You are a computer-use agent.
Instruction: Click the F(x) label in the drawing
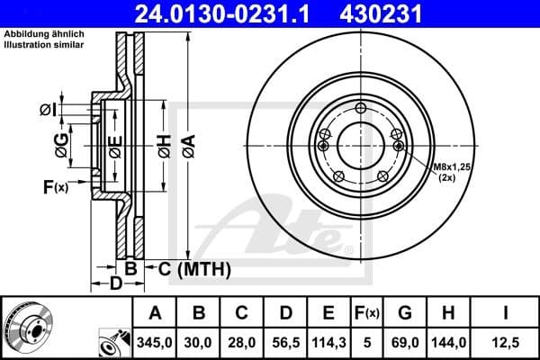[x=55, y=187]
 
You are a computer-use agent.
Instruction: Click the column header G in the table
[x=404, y=313]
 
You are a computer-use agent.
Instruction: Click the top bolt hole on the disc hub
[x=361, y=110]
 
